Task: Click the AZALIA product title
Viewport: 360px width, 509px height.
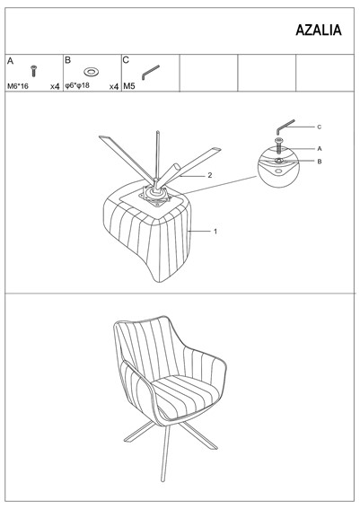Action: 319,31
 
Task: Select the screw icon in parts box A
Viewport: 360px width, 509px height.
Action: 33,71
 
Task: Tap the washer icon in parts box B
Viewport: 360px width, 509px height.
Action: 92,72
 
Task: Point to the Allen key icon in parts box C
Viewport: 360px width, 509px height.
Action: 150,73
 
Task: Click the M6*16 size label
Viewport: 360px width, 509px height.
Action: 18,86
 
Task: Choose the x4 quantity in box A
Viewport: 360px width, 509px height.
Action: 55,86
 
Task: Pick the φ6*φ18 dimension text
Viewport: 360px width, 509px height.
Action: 77,85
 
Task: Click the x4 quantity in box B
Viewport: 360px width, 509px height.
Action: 114,86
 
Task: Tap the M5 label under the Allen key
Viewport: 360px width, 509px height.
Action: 129,86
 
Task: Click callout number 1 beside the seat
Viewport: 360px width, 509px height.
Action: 215,232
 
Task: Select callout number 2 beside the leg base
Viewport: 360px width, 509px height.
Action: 210,175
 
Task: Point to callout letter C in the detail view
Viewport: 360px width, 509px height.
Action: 319,127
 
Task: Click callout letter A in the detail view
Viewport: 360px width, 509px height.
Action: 320,149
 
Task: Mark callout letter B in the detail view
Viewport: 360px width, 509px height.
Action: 320,162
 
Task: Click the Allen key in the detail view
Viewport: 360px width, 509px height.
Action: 285,127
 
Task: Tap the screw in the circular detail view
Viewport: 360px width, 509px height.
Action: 278,145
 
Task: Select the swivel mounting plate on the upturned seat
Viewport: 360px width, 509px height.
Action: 154,197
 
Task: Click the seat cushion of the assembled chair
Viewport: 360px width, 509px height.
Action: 186,393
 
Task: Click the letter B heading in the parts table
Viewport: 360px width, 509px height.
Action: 68,60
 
